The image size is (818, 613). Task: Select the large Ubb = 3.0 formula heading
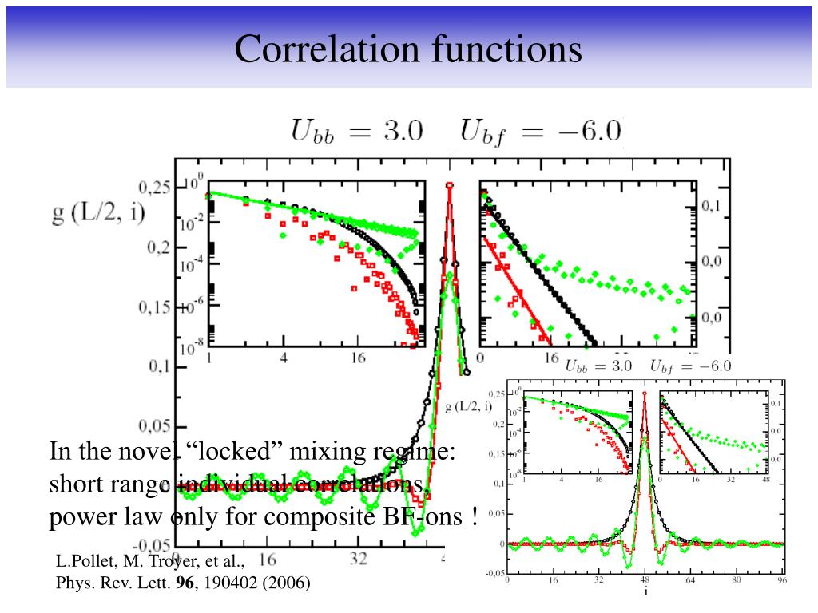356,132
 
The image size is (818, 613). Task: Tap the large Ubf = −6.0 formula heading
540,132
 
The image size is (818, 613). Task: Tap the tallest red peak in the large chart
450,187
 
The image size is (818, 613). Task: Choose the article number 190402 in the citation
229,583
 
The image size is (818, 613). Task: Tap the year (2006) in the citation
285,583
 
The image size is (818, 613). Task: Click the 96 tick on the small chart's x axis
782,581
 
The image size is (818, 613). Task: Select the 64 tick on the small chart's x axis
690,581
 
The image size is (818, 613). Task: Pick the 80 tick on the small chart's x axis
737,581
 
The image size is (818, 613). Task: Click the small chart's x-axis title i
645,592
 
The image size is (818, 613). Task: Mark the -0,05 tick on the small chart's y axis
495,573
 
